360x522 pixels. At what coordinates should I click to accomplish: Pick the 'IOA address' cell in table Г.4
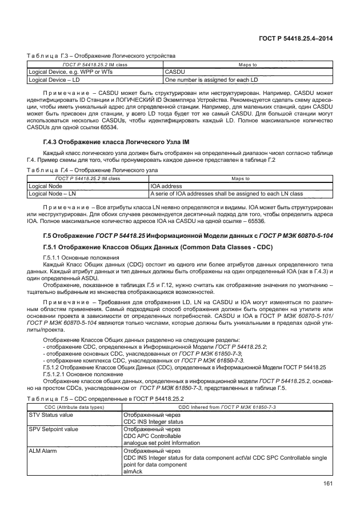[x=167, y=186]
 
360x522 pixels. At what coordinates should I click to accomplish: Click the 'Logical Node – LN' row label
[x=50, y=193]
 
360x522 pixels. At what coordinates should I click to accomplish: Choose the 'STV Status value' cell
[x=50, y=415]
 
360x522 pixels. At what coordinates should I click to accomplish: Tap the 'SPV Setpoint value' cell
[x=53, y=429]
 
